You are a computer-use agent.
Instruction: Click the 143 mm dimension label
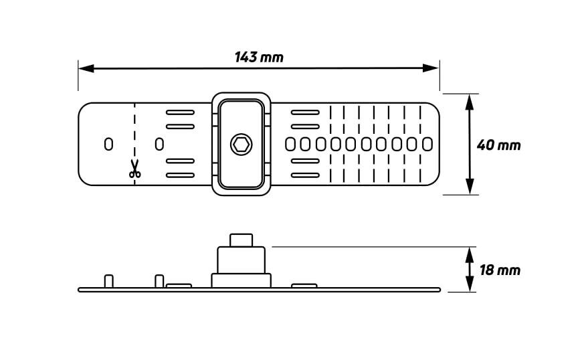pos(259,58)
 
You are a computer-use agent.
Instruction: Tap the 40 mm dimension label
pos(498,145)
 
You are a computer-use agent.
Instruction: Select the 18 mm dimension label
pos(500,270)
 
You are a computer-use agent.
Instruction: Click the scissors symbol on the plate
pos(134,169)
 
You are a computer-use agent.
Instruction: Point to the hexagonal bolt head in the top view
pos(241,144)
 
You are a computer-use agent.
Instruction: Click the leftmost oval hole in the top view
pos(108,144)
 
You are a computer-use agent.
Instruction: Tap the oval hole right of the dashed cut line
pos(159,144)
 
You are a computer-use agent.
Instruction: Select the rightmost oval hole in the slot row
pos(427,144)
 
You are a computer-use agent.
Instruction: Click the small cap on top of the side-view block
pos(241,240)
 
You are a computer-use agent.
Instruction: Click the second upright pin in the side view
pos(159,280)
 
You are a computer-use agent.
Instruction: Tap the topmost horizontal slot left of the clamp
pos(180,112)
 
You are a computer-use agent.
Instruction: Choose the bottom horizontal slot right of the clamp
pos(305,175)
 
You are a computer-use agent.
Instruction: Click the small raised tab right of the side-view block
pos(304,286)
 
